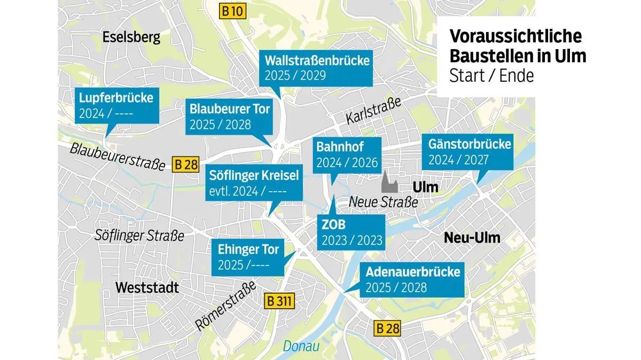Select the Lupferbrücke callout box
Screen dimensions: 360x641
tap(116, 105)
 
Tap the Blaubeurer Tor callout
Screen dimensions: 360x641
tap(230, 116)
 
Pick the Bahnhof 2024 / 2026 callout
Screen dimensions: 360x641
tap(347, 154)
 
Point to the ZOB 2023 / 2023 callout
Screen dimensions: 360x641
tap(352, 232)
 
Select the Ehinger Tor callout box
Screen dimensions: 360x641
tap(248, 256)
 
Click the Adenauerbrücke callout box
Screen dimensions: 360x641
tap(412, 279)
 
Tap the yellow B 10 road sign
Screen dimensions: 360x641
tap(233, 11)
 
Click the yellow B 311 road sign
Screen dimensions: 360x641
tap(279, 301)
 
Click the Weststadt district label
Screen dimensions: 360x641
tap(147, 288)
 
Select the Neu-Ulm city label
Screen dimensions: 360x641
tap(472, 238)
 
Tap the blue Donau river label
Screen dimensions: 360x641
tap(301, 346)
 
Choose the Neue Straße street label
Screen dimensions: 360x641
tap(383, 202)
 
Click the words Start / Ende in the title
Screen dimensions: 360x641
tap(491, 76)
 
